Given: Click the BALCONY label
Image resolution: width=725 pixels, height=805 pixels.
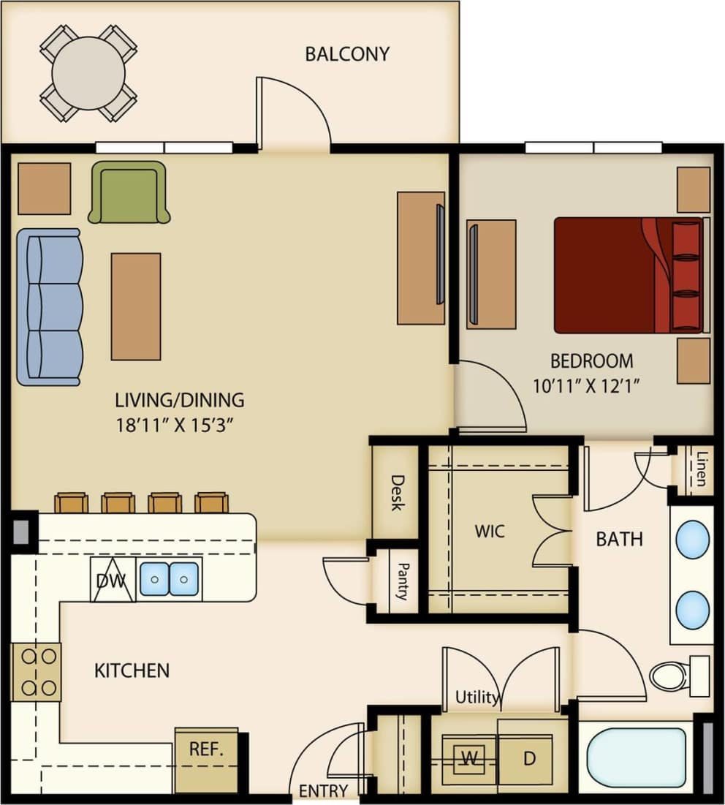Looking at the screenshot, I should coord(347,54).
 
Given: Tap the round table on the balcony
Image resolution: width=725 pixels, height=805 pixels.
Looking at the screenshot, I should coord(88,73).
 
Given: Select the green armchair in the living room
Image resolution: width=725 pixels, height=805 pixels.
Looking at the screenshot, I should coord(129,192).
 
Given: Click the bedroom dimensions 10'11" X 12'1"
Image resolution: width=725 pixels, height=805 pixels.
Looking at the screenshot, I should coord(591,385).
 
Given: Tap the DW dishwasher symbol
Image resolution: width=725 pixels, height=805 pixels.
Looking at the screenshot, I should coord(112,581).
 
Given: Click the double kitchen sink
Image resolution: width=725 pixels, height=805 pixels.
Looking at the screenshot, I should coord(170,579).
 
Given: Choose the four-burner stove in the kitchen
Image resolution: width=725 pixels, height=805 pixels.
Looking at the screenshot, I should coord(37,671).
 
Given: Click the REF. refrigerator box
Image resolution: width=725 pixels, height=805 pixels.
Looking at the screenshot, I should coord(206,749).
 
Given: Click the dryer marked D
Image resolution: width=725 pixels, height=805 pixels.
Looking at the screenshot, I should coord(529,758).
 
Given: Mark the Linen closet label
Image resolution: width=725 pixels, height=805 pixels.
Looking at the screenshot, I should coord(700,469).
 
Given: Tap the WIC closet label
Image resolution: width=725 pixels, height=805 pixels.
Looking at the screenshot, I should coord(489,531).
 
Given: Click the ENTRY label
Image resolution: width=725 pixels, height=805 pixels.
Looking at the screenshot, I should coord(323,790).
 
